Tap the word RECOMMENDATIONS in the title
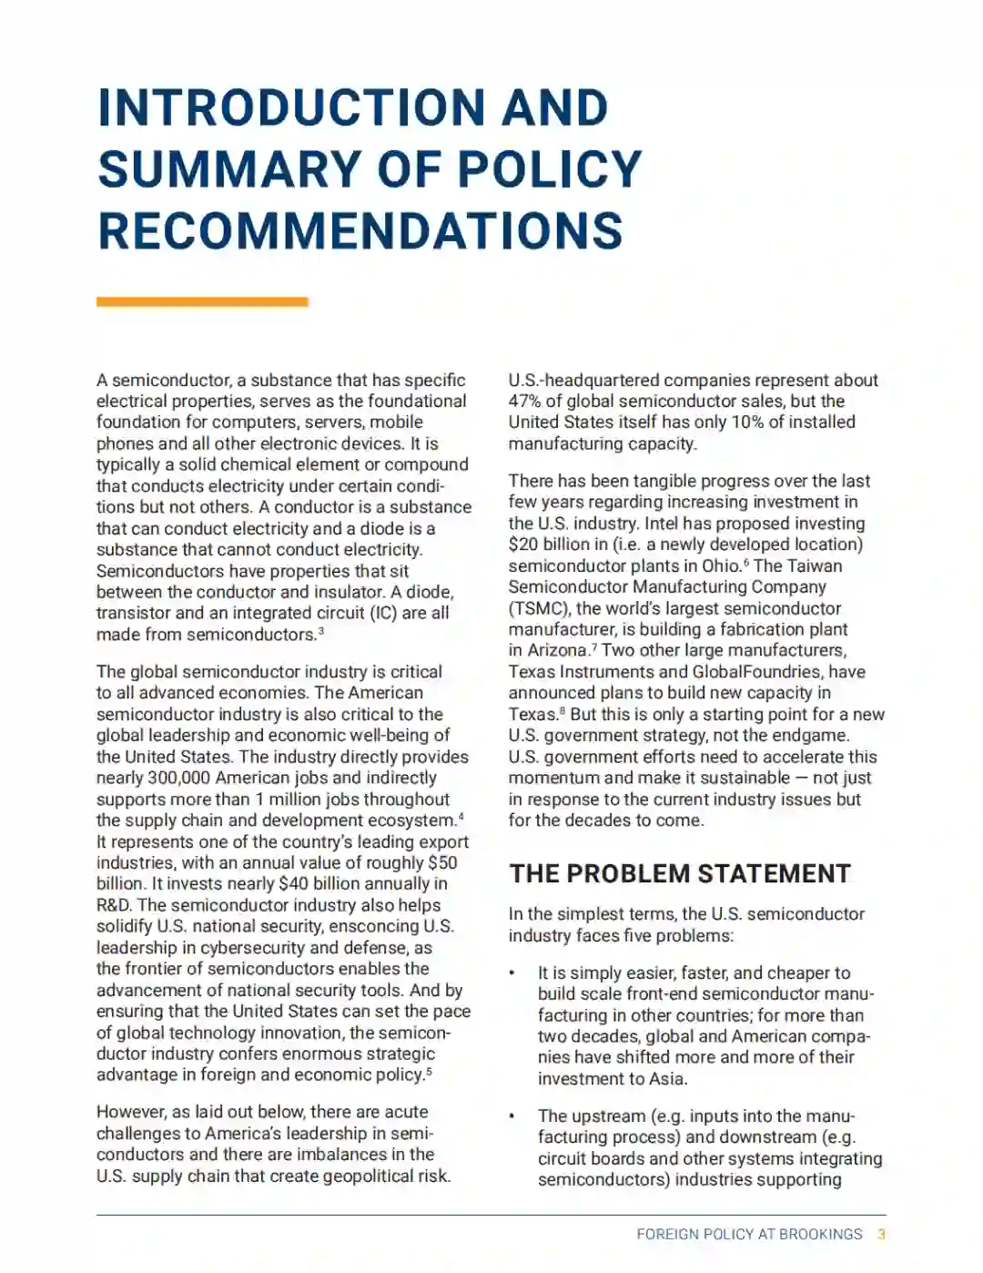coord(360,230)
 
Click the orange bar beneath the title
coord(202,301)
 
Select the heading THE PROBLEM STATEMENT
coord(680,873)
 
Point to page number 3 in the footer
coord(881,1235)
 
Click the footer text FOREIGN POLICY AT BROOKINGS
coord(749,1235)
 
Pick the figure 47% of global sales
coord(524,402)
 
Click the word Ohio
coord(721,565)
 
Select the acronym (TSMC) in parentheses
coord(538,608)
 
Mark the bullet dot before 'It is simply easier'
coord(512,973)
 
